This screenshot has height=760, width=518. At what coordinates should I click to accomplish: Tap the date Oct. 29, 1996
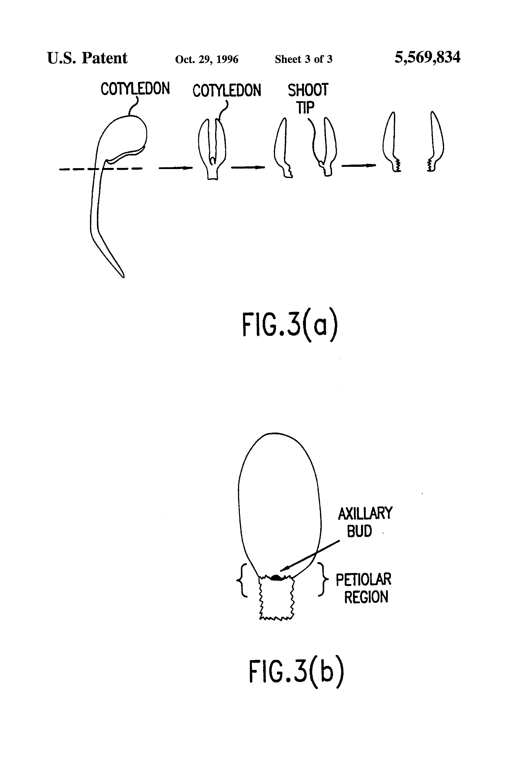[207, 59]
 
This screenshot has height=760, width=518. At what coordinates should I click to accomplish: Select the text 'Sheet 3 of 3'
[303, 59]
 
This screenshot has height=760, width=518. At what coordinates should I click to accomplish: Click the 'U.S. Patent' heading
[87, 58]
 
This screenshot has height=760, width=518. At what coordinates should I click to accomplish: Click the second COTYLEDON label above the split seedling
[227, 90]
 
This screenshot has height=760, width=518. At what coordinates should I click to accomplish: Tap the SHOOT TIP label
[308, 98]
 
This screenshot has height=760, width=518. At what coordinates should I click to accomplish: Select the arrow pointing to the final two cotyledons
[359, 165]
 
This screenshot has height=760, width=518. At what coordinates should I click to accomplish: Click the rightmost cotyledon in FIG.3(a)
[436, 142]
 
